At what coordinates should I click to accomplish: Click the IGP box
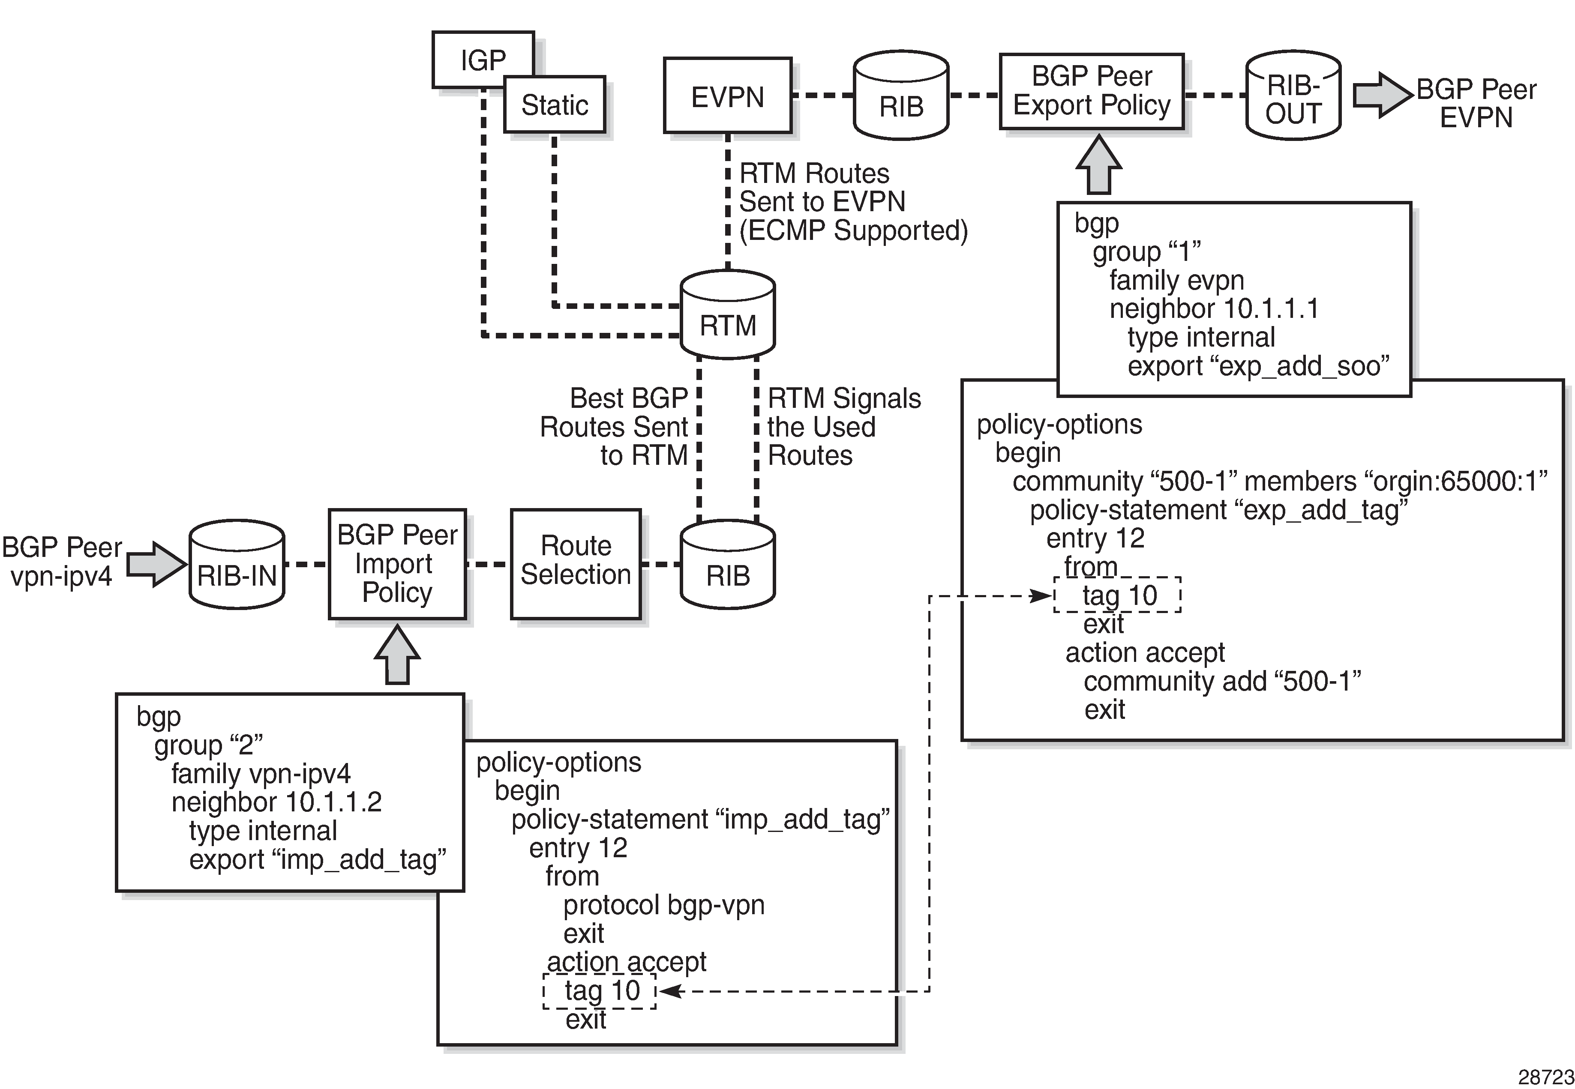click(x=483, y=60)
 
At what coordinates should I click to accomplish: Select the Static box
click(x=554, y=105)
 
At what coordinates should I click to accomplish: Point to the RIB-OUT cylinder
click(x=1293, y=97)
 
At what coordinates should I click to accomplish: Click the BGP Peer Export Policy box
click(x=1091, y=91)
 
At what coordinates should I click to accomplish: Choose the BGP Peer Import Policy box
click(x=397, y=564)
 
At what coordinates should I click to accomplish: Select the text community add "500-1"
click(x=1221, y=682)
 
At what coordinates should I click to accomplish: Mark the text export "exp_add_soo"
click(x=1258, y=366)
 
